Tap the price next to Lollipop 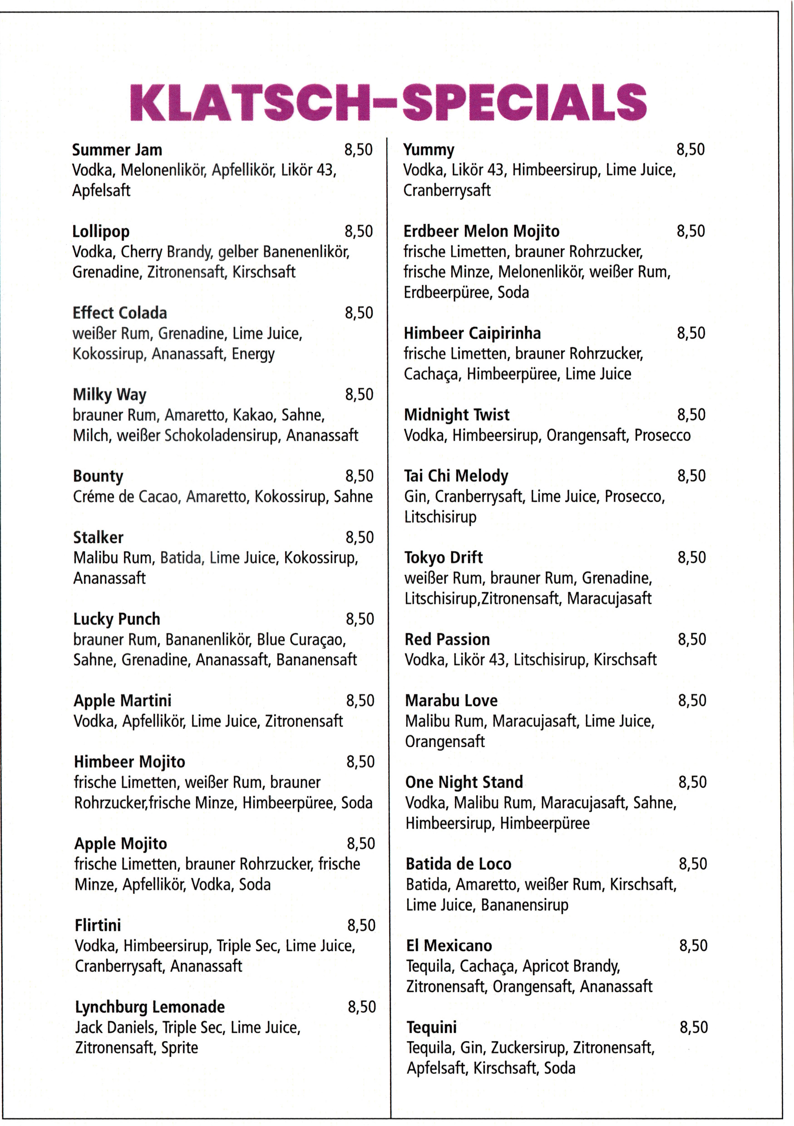pyautogui.click(x=358, y=231)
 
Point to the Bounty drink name pyautogui.click(x=98, y=476)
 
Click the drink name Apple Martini pyautogui.click(x=123, y=701)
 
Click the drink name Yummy pyautogui.click(x=429, y=150)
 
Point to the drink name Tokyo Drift pyautogui.click(x=443, y=558)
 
